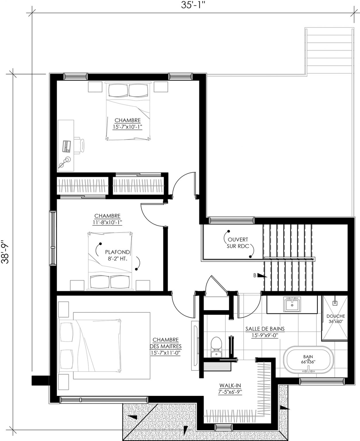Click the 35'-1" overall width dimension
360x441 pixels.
[x=192, y=5]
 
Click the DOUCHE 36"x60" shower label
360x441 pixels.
[x=336, y=319]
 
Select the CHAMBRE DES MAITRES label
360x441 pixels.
[x=166, y=346]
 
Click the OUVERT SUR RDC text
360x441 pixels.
[x=238, y=243]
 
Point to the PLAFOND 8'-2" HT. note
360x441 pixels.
[x=117, y=255]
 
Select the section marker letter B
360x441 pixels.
[x=255, y=275]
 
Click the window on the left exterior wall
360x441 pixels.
[x=53, y=238]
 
